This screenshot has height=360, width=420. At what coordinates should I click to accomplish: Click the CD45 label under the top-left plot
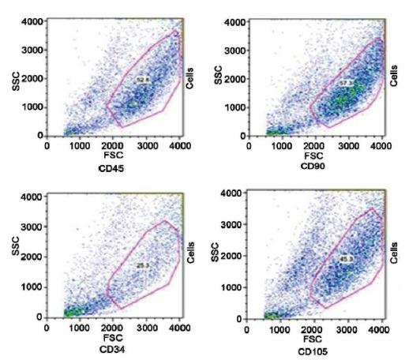click(115, 169)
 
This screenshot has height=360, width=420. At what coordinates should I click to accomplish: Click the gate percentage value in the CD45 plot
click(143, 80)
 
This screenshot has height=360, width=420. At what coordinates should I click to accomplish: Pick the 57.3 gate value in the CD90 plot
click(344, 81)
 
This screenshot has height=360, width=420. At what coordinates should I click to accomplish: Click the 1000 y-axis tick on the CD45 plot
click(30, 107)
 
